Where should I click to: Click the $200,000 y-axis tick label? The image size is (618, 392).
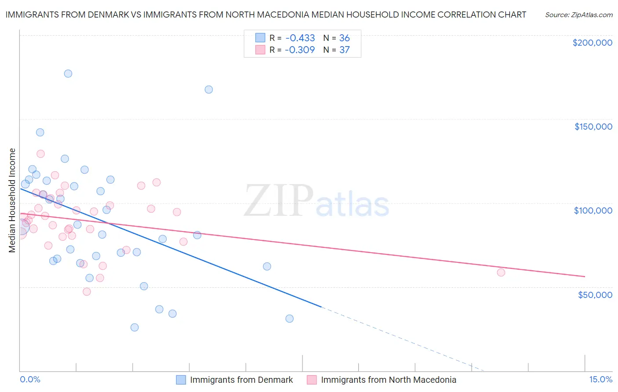[592, 43]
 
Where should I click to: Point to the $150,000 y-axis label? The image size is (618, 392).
[593, 127]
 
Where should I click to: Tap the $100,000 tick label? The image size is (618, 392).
[593, 211]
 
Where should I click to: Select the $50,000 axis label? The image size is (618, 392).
[595, 294]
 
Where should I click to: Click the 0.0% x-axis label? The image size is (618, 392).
[30, 379]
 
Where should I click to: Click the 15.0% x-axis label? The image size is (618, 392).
[600, 379]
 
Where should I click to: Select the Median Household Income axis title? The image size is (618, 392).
[12, 200]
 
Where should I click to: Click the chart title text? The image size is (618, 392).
[265, 15]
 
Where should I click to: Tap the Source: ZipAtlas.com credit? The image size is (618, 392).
[579, 15]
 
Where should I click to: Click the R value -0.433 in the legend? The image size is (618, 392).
[300, 38]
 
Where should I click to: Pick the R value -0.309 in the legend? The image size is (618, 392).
[300, 50]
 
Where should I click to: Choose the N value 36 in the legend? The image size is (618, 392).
[344, 38]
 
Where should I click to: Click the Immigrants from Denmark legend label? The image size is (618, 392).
[241, 380]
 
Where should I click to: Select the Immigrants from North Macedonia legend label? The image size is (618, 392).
[389, 380]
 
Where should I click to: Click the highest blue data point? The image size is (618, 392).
[68, 73]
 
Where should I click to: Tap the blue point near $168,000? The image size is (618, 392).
[209, 89]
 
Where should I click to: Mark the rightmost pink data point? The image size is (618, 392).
[501, 272]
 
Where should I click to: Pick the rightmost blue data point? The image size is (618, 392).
[289, 319]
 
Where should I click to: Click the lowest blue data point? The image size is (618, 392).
[135, 327]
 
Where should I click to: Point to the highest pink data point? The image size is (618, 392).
[40, 154]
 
